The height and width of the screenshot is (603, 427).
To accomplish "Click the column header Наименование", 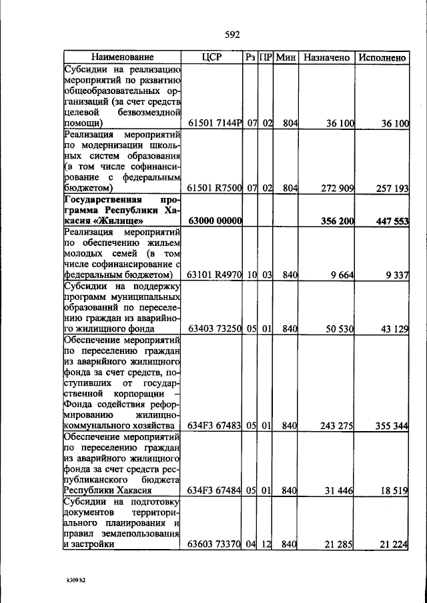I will (x=122, y=58).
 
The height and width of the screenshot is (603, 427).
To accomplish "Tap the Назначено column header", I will (x=327, y=58).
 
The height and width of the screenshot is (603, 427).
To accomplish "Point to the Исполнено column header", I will (x=382, y=58).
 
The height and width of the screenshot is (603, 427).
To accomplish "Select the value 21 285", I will (x=340, y=545).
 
